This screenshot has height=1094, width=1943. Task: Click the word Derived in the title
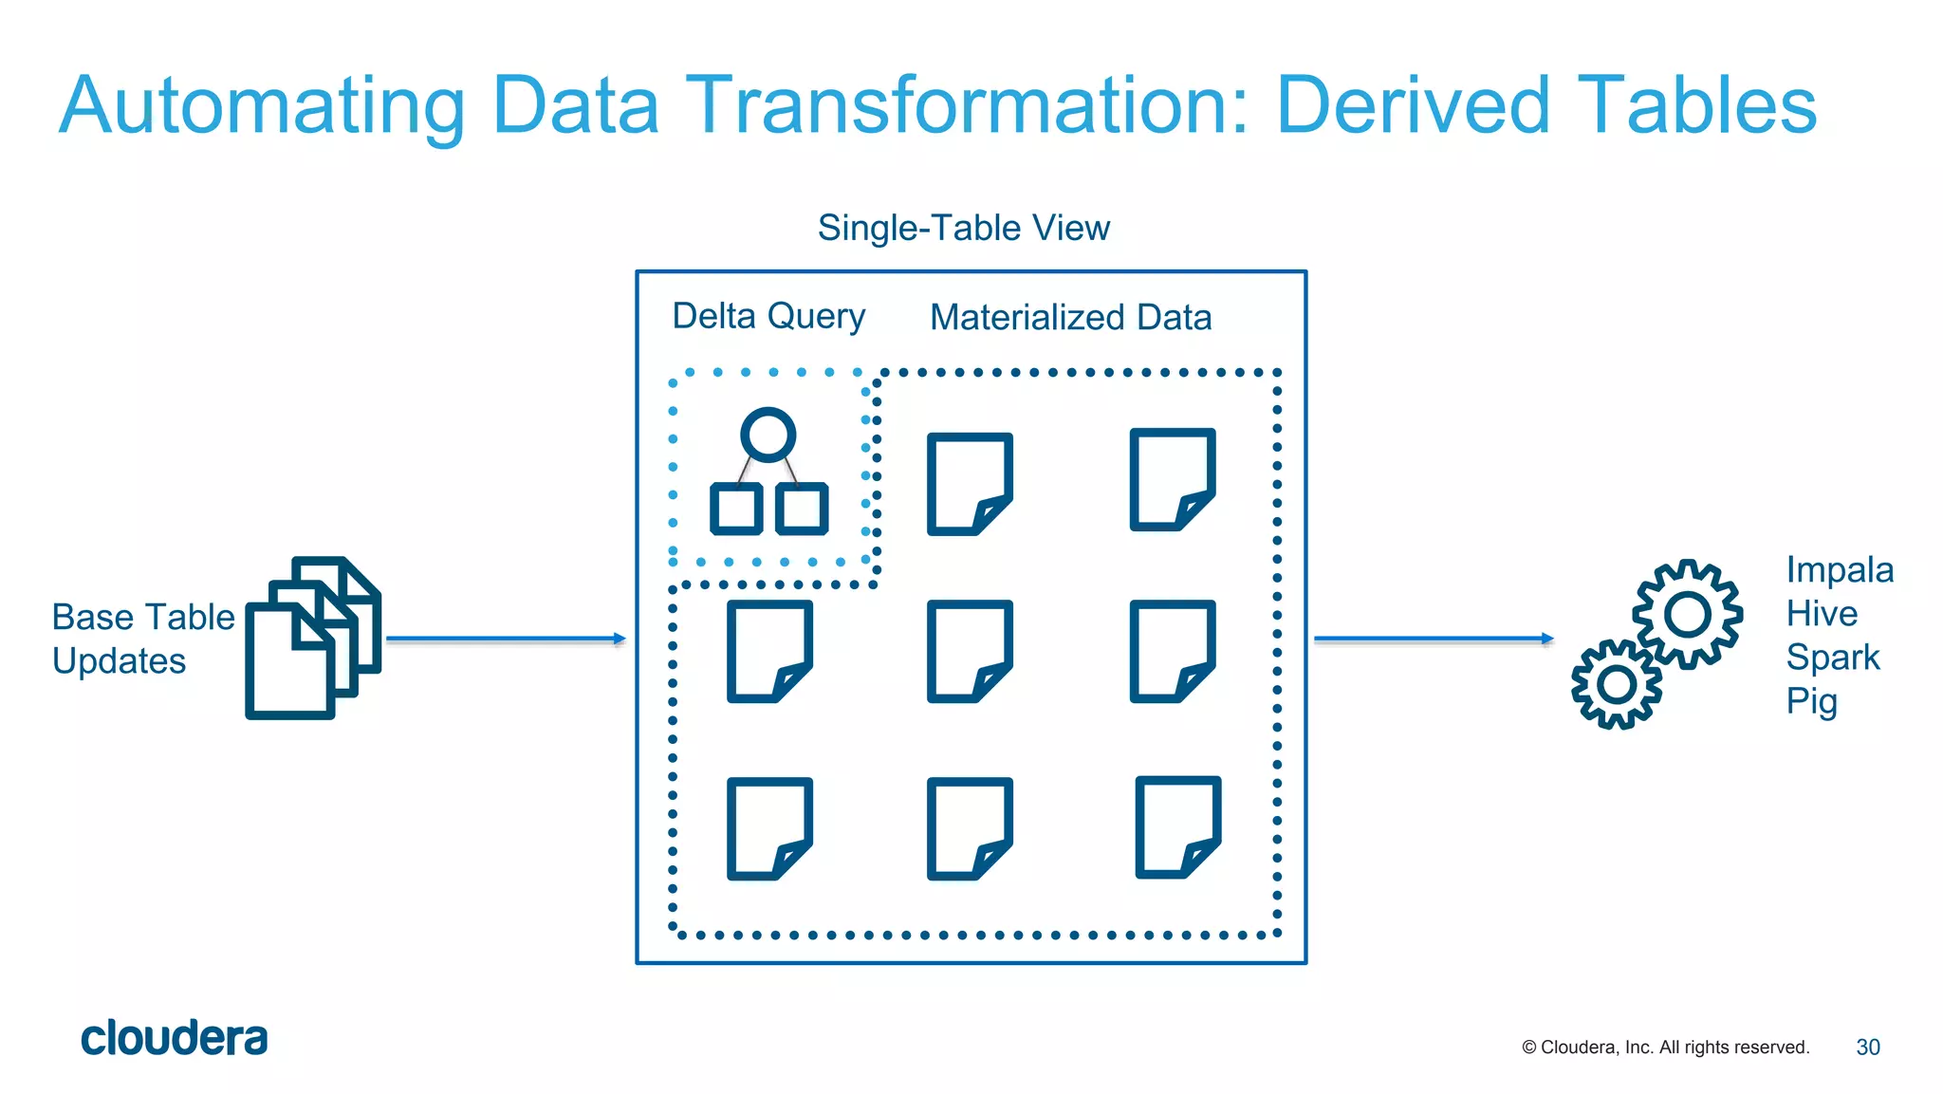(x=1413, y=104)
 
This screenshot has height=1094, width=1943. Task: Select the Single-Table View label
(x=963, y=228)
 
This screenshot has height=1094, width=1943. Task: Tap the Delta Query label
(x=768, y=316)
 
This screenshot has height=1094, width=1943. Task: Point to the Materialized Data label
(x=1070, y=317)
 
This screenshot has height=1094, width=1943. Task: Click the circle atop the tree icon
(x=768, y=436)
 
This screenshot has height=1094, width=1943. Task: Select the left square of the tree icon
(x=736, y=509)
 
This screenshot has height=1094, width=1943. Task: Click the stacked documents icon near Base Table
(x=313, y=638)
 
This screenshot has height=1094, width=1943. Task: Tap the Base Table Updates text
(x=142, y=639)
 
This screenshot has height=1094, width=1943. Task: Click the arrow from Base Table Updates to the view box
(x=506, y=640)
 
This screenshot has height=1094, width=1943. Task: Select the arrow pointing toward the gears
(x=1433, y=640)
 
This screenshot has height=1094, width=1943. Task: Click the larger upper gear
(x=1687, y=614)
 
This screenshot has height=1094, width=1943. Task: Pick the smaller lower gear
(x=1617, y=684)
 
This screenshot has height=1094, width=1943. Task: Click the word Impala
(x=1840, y=569)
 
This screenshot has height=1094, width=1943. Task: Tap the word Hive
(x=1822, y=614)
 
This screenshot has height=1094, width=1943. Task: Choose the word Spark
(x=1832, y=658)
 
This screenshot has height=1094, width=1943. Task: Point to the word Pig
(x=1811, y=701)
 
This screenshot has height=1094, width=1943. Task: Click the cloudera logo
(x=174, y=1039)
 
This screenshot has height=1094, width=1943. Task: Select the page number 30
(x=1867, y=1048)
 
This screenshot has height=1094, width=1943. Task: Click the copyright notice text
(x=1665, y=1048)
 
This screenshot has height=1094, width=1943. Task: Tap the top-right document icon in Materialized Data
(x=1172, y=479)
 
